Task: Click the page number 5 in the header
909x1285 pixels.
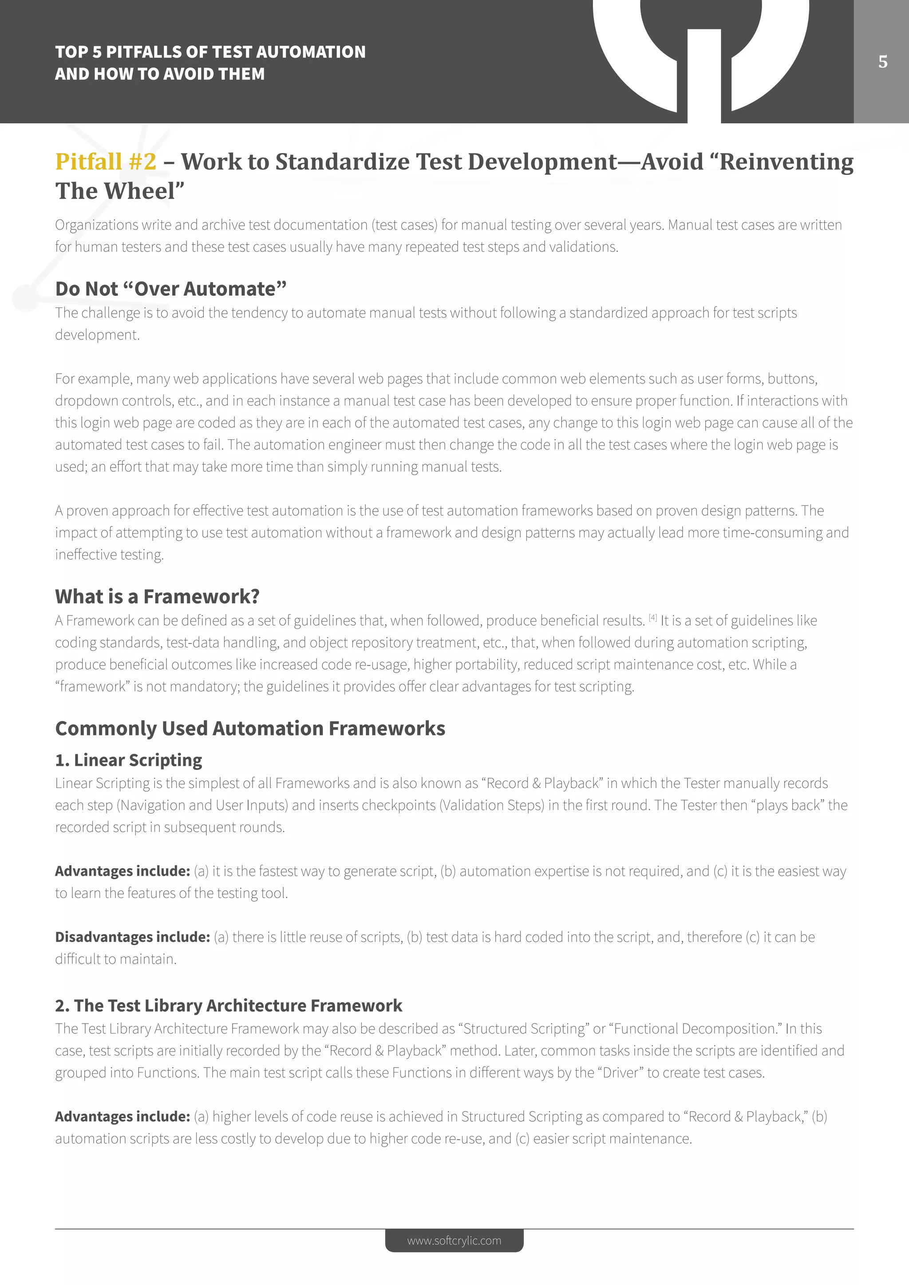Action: pos(883,62)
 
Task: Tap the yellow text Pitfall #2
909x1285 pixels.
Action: pos(106,162)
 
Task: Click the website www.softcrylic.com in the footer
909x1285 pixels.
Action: pos(454,1240)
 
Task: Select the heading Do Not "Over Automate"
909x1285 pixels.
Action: pos(171,289)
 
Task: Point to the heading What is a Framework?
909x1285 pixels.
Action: pos(157,597)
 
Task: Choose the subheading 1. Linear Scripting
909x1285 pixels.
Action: pos(129,760)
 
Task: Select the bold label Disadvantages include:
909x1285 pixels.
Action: pos(133,937)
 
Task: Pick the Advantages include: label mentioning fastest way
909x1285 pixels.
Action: pos(123,871)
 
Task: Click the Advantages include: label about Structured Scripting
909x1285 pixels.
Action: pos(123,1116)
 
